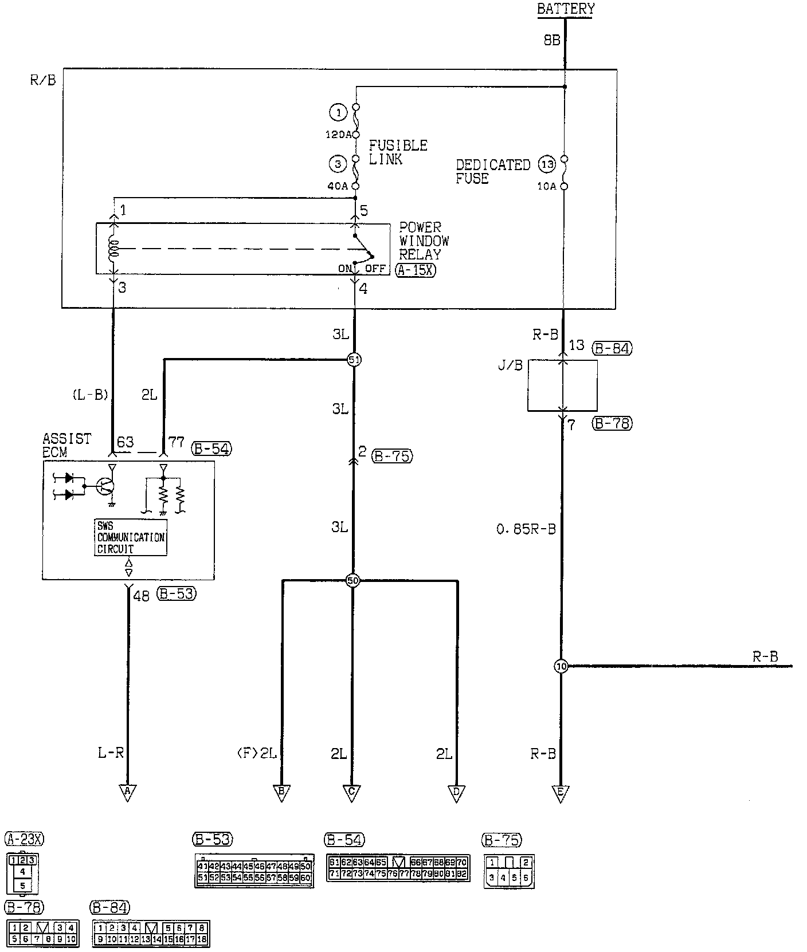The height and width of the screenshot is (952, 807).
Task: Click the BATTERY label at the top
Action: pyautogui.click(x=565, y=9)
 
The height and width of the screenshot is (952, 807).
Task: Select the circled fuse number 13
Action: pyautogui.click(x=547, y=165)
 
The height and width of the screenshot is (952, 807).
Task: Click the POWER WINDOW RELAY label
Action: pyautogui.click(x=424, y=241)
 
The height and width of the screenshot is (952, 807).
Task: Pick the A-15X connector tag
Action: pyautogui.click(x=415, y=270)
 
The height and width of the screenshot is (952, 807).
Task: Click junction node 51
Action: pyautogui.click(x=354, y=360)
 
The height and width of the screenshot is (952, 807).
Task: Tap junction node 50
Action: pyautogui.click(x=352, y=581)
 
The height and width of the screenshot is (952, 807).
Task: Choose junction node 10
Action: pyautogui.click(x=561, y=666)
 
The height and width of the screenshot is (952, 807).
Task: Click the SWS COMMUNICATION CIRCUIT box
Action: pyautogui.click(x=131, y=537)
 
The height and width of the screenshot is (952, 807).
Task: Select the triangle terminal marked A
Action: pyautogui.click(x=127, y=792)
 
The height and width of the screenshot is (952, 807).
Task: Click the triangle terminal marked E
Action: pyautogui.click(x=561, y=792)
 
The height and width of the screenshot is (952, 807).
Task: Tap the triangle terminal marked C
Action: pyautogui.click(x=352, y=792)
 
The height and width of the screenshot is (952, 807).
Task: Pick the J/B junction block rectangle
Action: pyautogui.click(x=562, y=385)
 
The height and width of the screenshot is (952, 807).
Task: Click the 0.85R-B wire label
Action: pyautogui.click(x=526, y=529)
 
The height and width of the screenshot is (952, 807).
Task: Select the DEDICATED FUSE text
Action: pyautogui.click(x=492, y=171)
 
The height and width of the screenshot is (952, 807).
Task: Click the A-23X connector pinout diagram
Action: pyautogui.click(x=22, y=872)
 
